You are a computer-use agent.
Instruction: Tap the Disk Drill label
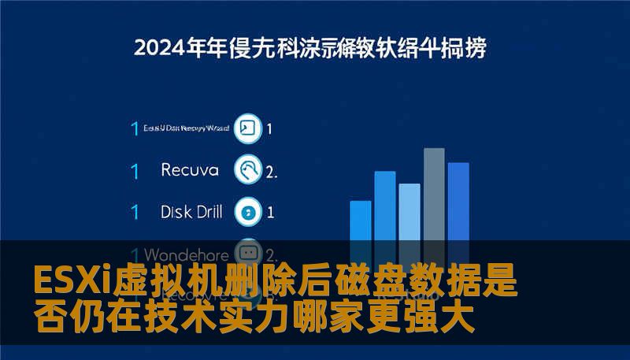(191, 211)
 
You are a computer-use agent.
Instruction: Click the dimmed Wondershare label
(187, 254)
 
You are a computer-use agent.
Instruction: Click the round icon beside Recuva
(249, 169)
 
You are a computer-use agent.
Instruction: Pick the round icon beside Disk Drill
(249, 211)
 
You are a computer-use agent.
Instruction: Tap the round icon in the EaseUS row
(248, 128)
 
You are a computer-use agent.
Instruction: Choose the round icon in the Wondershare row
(248, 252)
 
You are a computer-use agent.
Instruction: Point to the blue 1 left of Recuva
(135, 170)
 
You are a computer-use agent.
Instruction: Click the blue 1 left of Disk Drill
(135, 212)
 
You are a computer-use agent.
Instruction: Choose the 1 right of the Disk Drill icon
(270, 212)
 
